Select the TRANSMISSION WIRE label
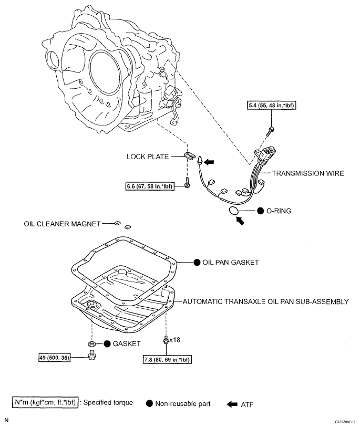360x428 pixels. [308, 173]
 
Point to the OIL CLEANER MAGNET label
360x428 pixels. [61, 223]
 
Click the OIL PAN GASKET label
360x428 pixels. [230, 262]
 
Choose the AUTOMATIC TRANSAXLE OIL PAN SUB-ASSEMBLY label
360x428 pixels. [265, 302]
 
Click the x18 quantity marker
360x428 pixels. [174, 340]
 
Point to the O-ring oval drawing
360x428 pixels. [234, 211]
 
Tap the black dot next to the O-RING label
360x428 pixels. [261, 211]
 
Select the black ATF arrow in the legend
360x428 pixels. [232, 403]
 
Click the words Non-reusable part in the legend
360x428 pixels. [183, 403]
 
